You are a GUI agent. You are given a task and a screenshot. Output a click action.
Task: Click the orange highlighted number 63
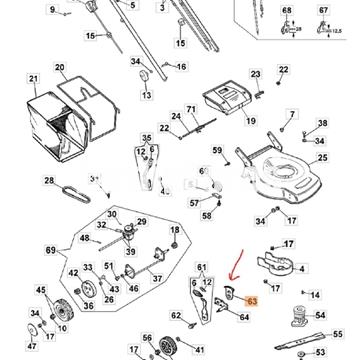[252, 299]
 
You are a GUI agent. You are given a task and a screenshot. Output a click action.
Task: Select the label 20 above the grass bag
[59, 69]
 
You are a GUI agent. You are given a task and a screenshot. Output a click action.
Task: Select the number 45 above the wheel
[41, 290]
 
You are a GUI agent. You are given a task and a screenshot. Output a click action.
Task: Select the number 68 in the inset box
[291, 9]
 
